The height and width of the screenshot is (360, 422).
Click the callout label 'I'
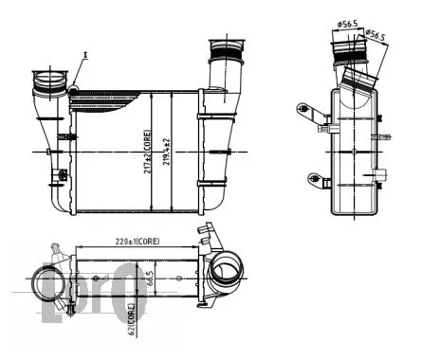86,55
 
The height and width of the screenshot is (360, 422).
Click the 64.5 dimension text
150,281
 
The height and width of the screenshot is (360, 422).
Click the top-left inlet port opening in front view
46,73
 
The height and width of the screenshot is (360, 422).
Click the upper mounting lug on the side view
309,112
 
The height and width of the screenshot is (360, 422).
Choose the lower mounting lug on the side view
310,176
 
